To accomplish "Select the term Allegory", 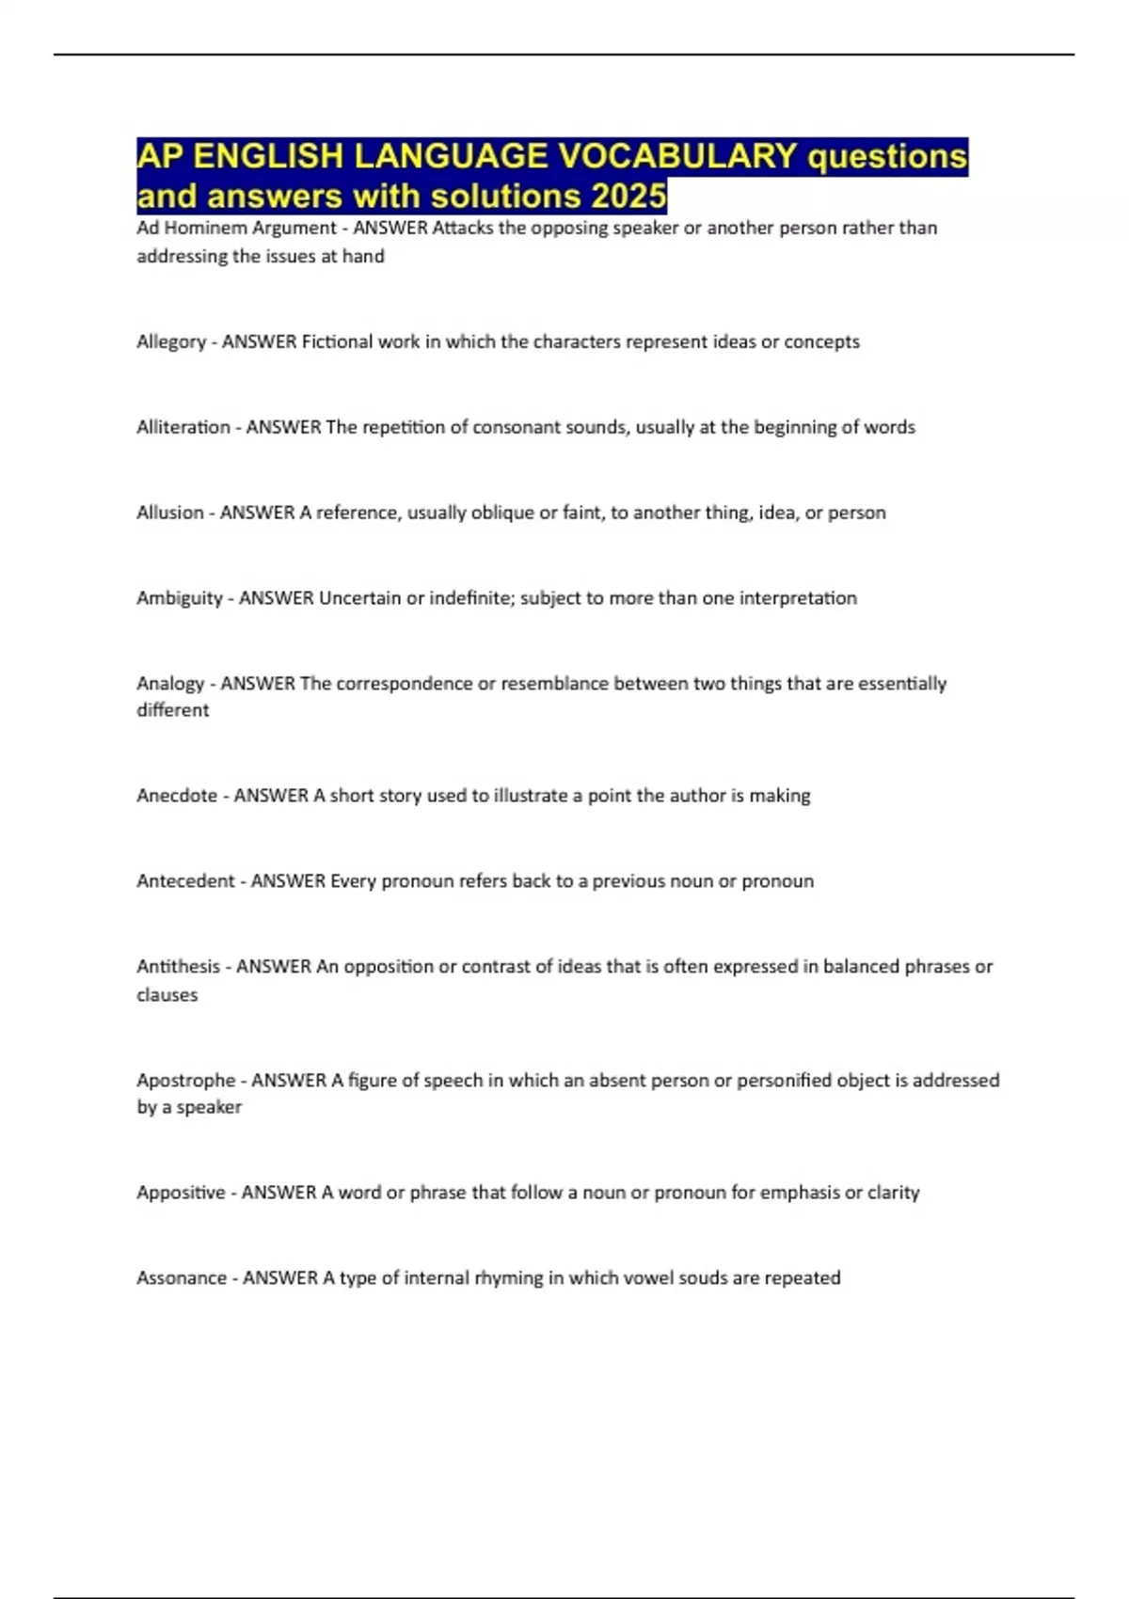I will (171, 342).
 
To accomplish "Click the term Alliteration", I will (183, 427).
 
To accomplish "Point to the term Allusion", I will (170, 513).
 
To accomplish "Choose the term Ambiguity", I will (180, 598).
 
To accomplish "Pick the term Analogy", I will (170, 684).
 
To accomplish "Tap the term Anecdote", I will (177, 796).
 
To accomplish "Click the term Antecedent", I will (185, 881).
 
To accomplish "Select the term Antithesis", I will (179, 967).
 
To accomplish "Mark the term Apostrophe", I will (186, 1081).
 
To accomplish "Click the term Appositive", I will (181, 1193).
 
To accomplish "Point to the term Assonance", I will (182, 1278).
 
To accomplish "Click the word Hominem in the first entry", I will (206, 228).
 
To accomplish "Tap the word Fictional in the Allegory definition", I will (337, 342).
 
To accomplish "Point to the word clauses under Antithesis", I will (167, 995).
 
